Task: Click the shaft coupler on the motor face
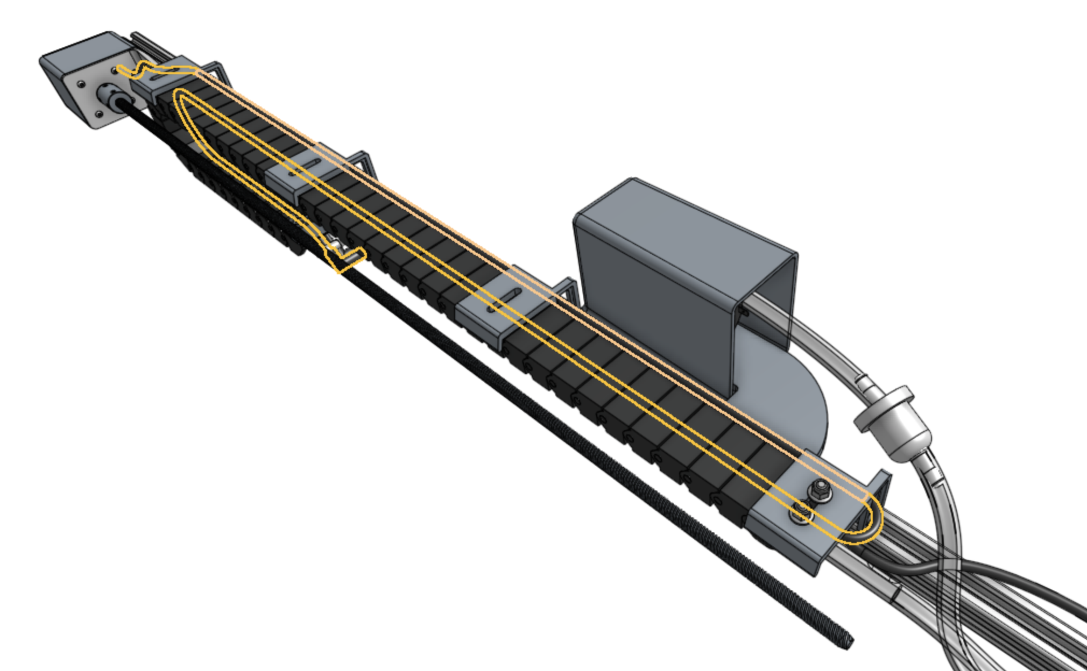(x=108, y=97)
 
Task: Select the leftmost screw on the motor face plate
(x=80, y=84)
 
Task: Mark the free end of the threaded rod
(x=847, y=640)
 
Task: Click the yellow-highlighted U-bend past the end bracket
(x=866, y=524)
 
